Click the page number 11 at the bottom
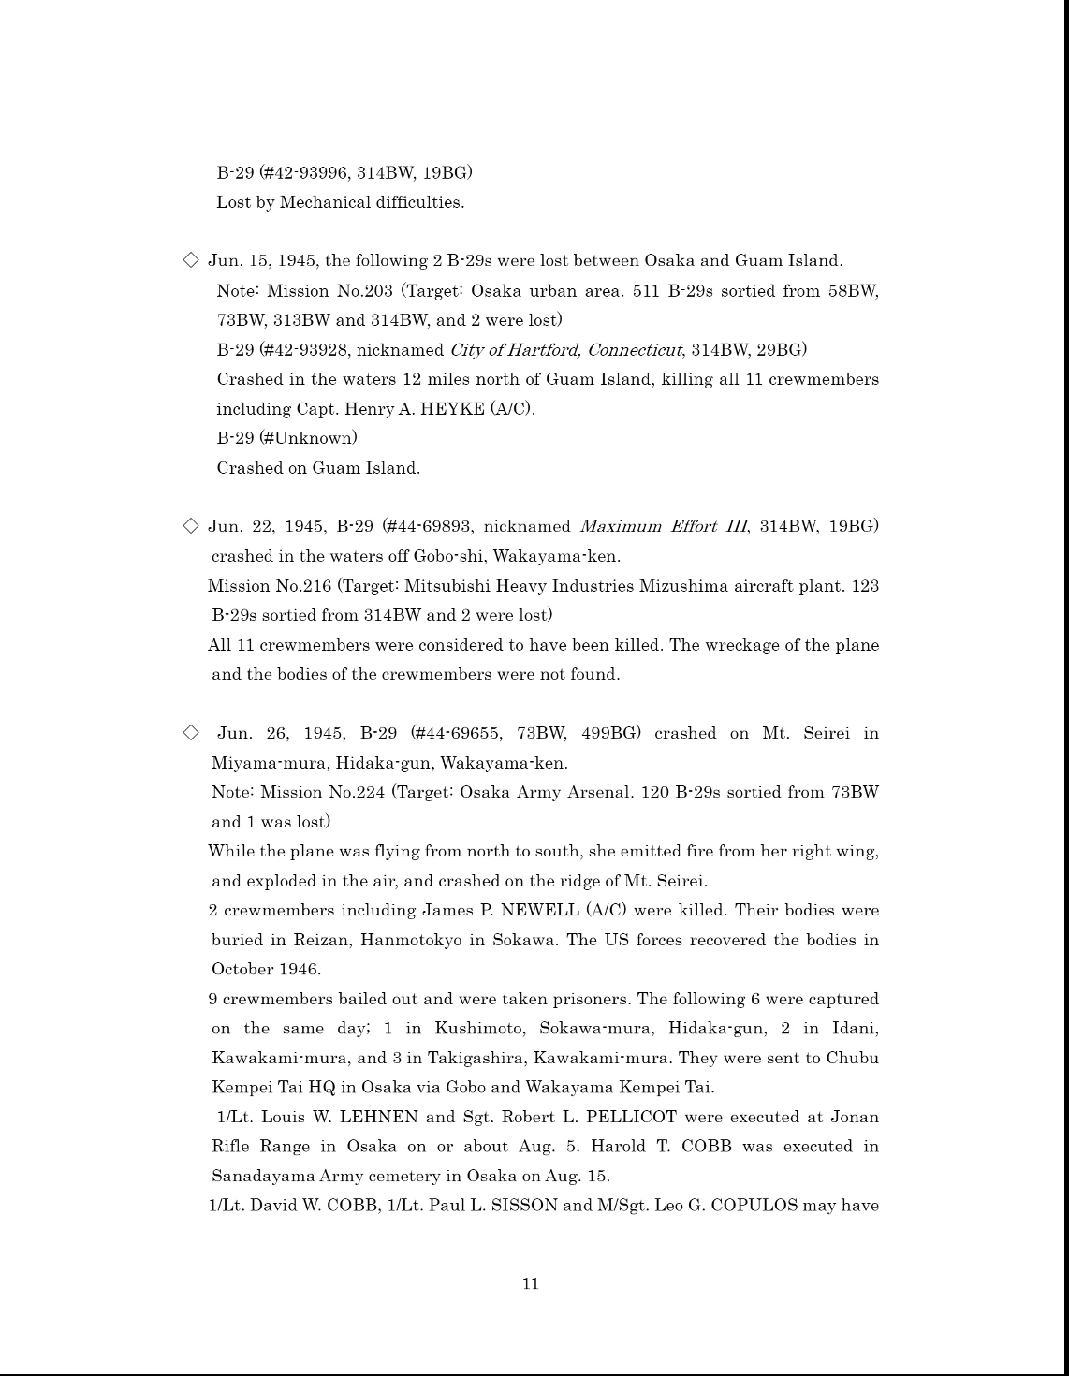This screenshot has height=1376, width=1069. [531, 1284]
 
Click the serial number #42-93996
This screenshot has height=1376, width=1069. [306, 172]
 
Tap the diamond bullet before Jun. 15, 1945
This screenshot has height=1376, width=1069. [191, 260]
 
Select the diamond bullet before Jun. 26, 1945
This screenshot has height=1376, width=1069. [191, 732]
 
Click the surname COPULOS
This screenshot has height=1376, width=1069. [754, 1206]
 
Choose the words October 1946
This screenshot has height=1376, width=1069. [266, 969]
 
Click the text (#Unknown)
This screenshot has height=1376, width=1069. [308, 438]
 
